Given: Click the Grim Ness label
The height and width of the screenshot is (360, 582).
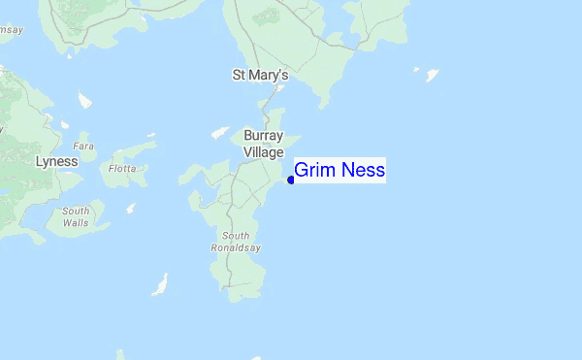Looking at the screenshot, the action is pos(339,171).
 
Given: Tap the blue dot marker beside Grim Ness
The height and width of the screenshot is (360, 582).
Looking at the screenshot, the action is pos(291,180).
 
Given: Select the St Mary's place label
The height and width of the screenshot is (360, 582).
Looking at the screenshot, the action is pos(260,74).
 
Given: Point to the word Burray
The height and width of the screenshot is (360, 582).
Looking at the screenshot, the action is pos(263,136).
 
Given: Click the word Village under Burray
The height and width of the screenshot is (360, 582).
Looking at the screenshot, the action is pos(263,151).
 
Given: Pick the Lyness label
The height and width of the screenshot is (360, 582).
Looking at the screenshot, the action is pos(56,161).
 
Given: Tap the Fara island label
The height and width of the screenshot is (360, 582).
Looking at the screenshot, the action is pos(86,145).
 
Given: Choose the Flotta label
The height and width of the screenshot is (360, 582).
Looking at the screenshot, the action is pos(122,167).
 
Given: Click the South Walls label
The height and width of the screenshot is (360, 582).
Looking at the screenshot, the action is pos(76,216).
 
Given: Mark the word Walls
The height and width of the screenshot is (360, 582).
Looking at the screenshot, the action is pos(76,223).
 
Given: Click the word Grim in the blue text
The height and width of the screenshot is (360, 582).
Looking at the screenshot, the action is pos(311,171).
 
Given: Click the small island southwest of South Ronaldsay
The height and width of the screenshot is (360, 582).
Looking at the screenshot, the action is pos(160,284).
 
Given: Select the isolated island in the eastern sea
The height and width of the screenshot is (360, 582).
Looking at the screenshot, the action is pos(432,74).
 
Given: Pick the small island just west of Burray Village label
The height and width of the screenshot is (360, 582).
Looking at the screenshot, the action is pos(219,132).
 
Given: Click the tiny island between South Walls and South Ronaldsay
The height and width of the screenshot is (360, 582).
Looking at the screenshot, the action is pos(131,208).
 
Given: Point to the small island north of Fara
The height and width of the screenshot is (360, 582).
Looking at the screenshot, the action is pos(84,99).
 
